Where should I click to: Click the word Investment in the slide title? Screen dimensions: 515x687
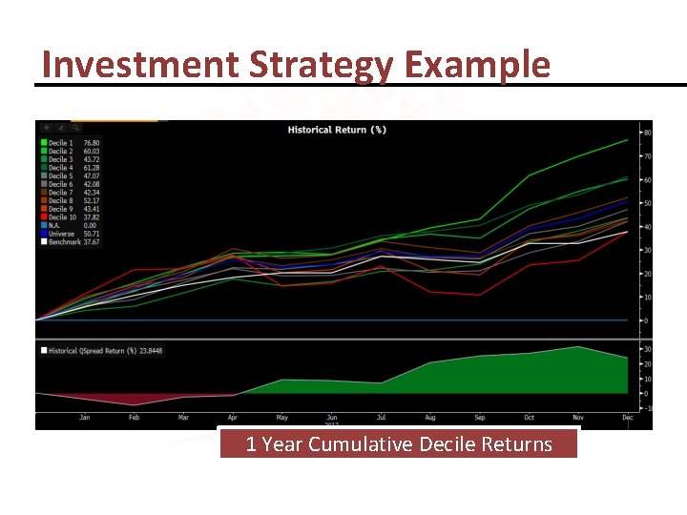(x=140, y=64)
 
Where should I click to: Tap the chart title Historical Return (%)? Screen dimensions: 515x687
(x=338, y=130)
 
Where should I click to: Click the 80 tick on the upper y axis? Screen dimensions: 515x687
(x=647, y=133)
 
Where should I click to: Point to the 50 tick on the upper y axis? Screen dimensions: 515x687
(x=647, y=203)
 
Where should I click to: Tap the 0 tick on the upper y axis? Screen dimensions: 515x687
(x=646, y=320)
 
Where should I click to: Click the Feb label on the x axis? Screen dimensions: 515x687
(x=135, y=418)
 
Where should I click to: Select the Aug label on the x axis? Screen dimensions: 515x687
(x=430, y=418)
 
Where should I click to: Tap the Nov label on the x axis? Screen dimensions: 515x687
(x=577, y=418)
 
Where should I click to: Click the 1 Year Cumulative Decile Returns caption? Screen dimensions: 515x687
(x=399, y=444)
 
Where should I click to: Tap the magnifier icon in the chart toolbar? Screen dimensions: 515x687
(x=75, y=127)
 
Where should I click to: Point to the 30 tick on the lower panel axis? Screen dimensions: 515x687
(x=647, y=349)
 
